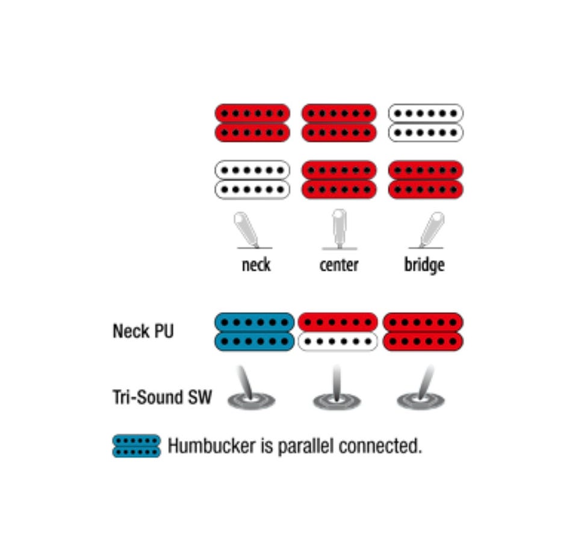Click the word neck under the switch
tap(256, 265)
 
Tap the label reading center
tap(339, 265)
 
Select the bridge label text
tap(424, 265)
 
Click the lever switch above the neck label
tap(247, 230)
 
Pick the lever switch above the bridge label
tap(430, 230)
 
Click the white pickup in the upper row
tap(426, 123)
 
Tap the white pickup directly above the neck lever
tap(252, 179)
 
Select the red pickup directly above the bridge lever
tap(426, 179)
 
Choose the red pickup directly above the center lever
tap(339, 179)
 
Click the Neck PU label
tap(143, 331)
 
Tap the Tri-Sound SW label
tap(162, 397)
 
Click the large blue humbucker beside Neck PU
tap(254, 331)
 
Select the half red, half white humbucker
tap(338, 331)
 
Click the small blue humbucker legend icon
tap(137, 446)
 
